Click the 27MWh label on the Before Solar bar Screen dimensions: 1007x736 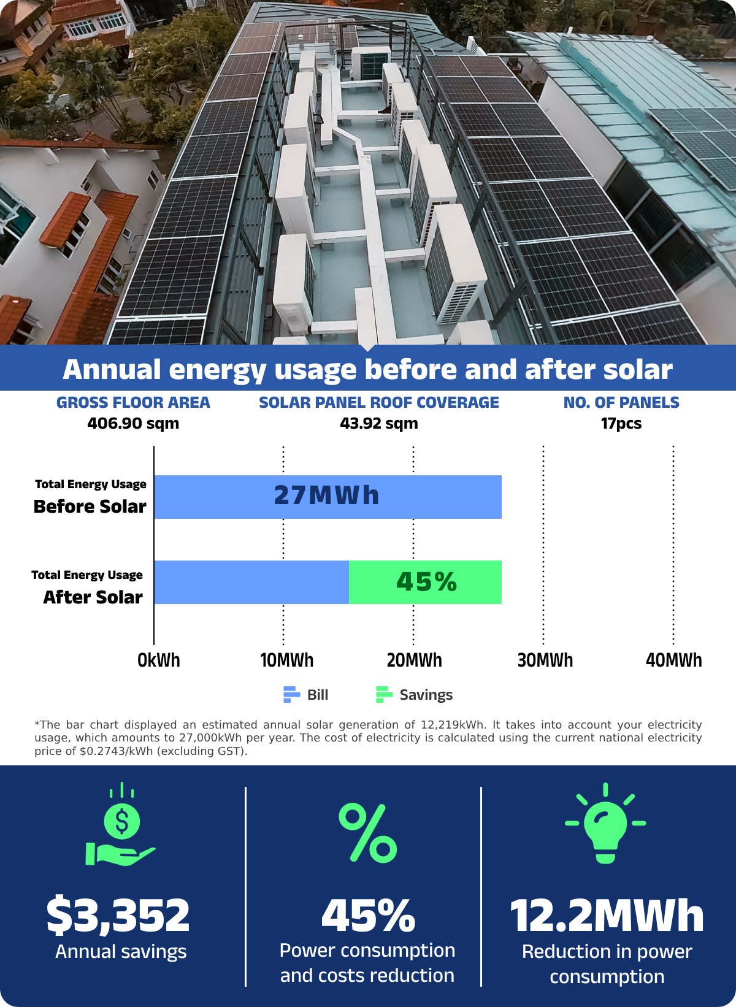point(326,496)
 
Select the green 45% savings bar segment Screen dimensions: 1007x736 point(426,582)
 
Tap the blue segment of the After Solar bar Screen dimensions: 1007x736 point(251,582)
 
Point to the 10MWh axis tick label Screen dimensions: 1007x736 point(286,660)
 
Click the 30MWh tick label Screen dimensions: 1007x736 point(545,660)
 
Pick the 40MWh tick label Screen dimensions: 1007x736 point(673,660)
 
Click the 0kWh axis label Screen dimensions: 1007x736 point(159,660)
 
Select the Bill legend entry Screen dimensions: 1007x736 point(306,695)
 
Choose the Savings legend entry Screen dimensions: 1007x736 point(414,695)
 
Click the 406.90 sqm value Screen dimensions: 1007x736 point(133,424)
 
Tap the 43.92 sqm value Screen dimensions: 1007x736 point(379,424)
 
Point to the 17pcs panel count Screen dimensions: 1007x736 point(621,424)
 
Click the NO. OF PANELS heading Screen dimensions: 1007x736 point(621,403)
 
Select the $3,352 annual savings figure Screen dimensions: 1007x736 point(118,914)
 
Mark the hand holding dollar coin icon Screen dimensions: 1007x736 point(121,828)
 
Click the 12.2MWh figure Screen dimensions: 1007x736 point(607,916)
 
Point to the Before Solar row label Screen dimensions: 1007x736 point(90,507)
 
